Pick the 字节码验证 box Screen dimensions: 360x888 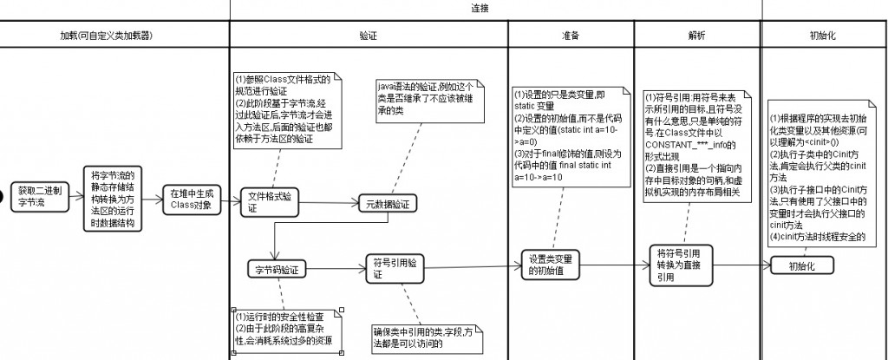(277, 269)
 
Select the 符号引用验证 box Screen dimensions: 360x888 (395, 267)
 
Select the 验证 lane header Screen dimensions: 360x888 (368, 36)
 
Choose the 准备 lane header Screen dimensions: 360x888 (570, 36)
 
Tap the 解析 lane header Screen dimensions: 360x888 (697, 36)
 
